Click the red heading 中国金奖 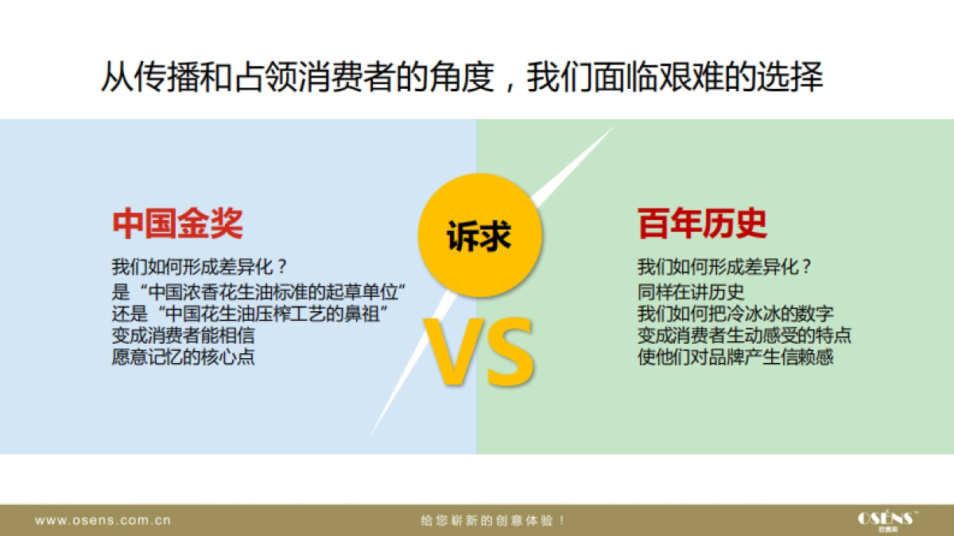tap(177, 224)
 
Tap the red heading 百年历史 tap(702, 224)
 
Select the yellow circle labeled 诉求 tap(479, 235)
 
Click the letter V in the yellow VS tap(453, 352)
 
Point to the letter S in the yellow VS tap(510, 352)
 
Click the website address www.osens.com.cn tap(103, 520)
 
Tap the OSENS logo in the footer tap(887, 521)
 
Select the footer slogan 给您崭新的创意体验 tap(493, 520)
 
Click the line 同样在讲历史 tap(690, 292)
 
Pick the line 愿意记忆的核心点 tap(183, 357)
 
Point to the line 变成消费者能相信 tap(183, 335)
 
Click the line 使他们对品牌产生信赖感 tap(735, 357)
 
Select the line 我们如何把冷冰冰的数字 tap(735, 314)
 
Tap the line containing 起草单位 tap(258, 292)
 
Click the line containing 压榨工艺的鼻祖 tap(250, 314)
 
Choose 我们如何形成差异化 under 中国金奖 tap(199, 267)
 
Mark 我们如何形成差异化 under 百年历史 tap(724, 267)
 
